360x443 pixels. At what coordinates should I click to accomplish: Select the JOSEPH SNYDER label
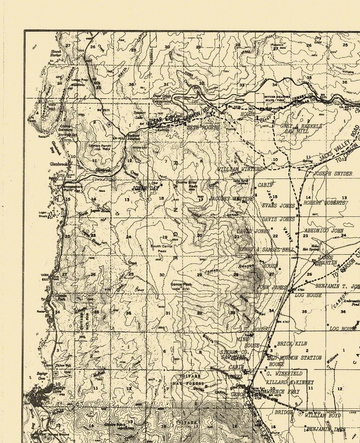click(x=333, y=174)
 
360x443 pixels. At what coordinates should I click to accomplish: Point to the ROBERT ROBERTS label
click(x=325, y=203)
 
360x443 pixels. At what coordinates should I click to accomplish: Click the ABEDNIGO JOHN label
click(x=324, y=230)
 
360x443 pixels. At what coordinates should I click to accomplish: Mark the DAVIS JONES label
click(x=278, y=219)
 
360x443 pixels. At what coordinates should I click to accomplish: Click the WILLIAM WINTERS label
click(x=239, y=170)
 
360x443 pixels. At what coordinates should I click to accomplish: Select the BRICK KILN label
click(x=292, y=344)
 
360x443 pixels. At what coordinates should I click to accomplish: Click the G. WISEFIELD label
click(x=284, y=373)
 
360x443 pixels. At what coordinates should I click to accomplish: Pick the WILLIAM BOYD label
click(x=323, y=415)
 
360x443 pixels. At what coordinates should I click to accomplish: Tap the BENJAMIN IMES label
click(x=326, y=429)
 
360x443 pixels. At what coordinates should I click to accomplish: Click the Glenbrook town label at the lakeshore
click(x=59, y=163)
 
